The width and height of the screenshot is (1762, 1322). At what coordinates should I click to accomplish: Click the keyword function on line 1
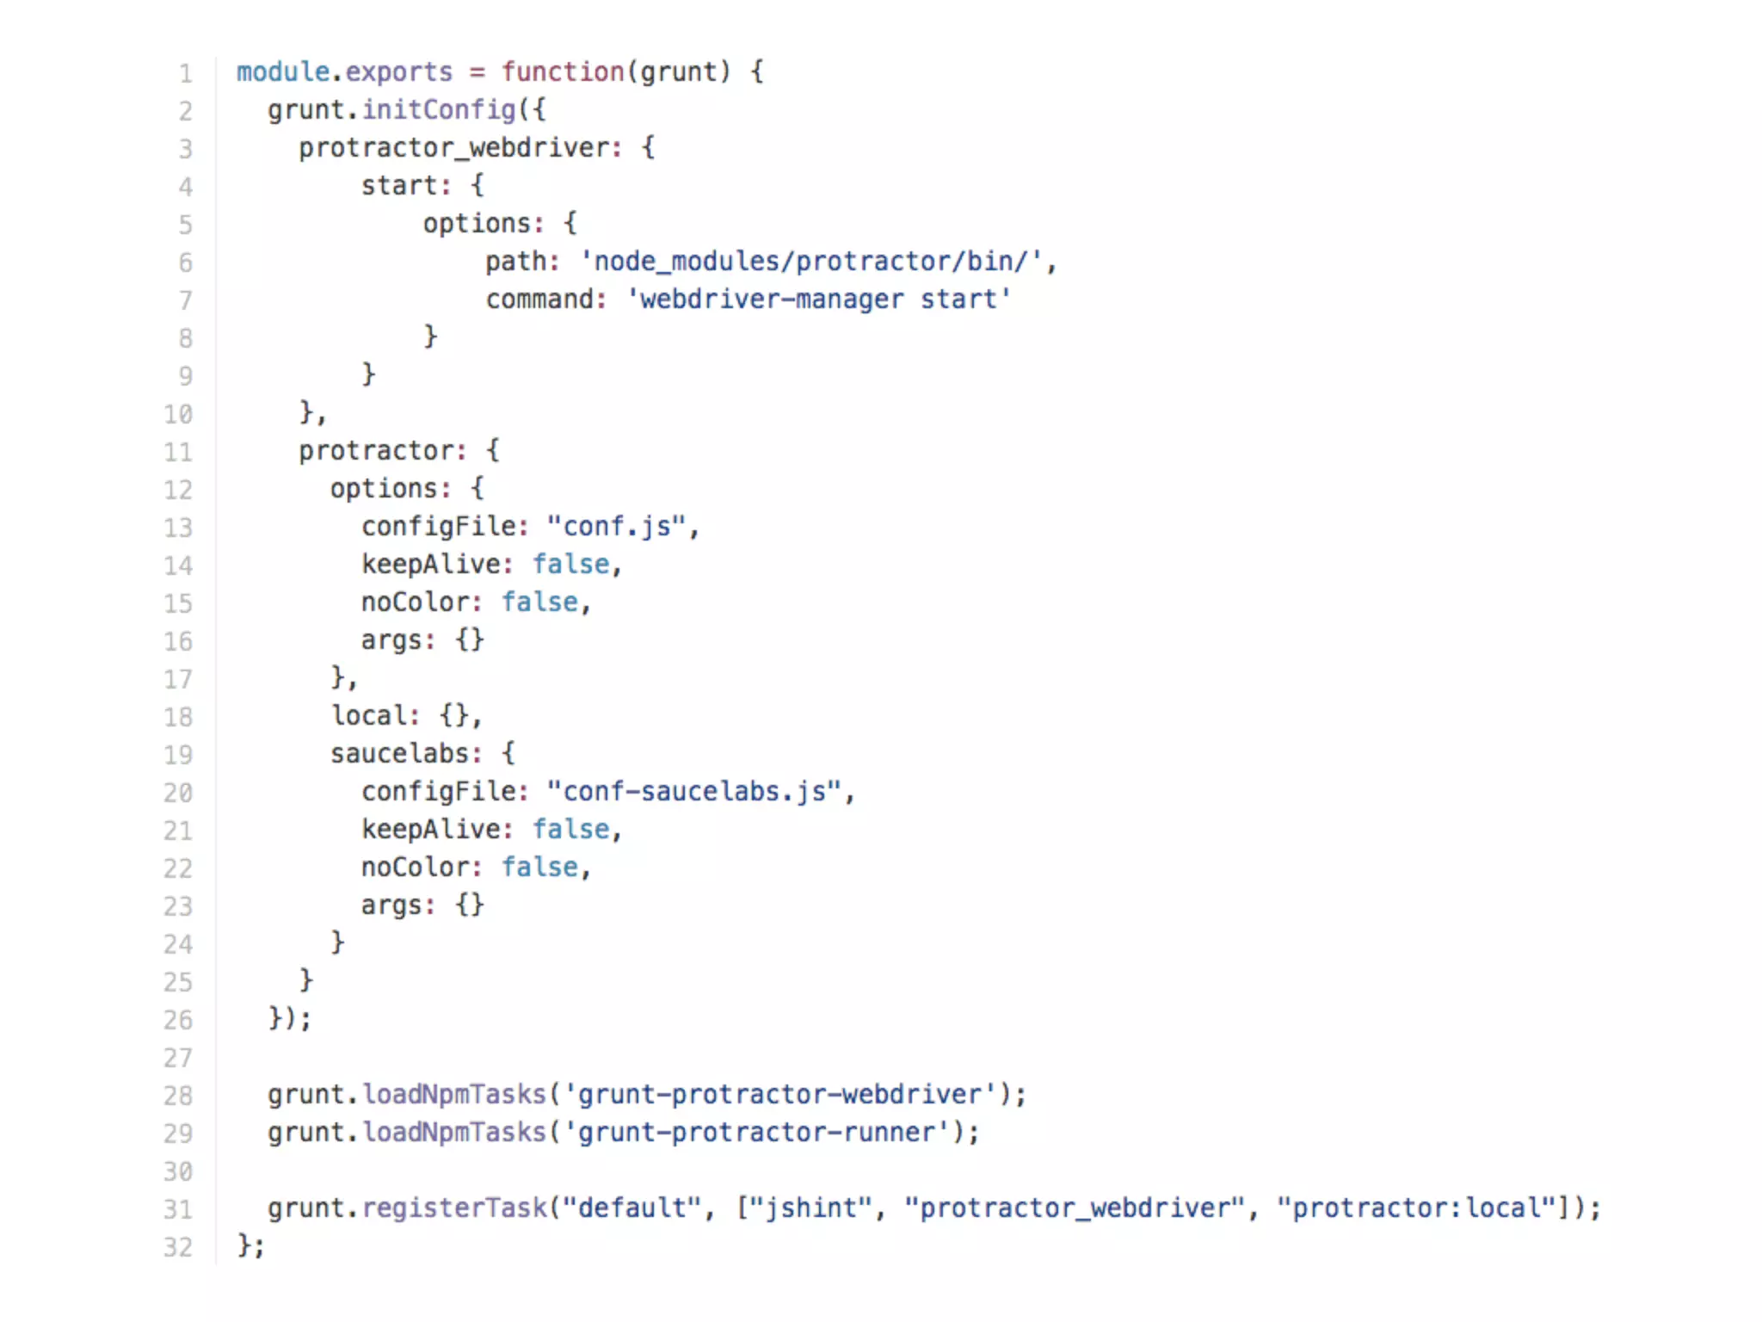point(563,72)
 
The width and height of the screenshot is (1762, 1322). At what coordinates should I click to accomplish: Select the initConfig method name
point(438,110)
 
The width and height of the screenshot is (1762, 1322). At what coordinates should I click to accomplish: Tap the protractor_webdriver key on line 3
point(455,148)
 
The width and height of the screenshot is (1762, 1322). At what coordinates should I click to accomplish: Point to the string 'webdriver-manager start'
point(819,300)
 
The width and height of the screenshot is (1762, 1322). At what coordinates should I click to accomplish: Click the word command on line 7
point(539,300)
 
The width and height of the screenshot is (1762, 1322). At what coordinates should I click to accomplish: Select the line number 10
point(178,415)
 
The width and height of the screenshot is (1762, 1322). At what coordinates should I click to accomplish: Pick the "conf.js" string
point(617,527)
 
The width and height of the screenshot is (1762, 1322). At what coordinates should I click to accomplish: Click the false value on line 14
point(570,565)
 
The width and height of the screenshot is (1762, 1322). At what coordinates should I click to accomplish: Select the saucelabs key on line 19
point(400,754)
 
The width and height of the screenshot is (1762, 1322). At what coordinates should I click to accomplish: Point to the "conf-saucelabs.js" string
point(694,792)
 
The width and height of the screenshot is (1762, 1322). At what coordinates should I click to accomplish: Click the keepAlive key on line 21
point(431,830)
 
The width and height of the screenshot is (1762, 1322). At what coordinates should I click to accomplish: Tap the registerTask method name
point(454,1208)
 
